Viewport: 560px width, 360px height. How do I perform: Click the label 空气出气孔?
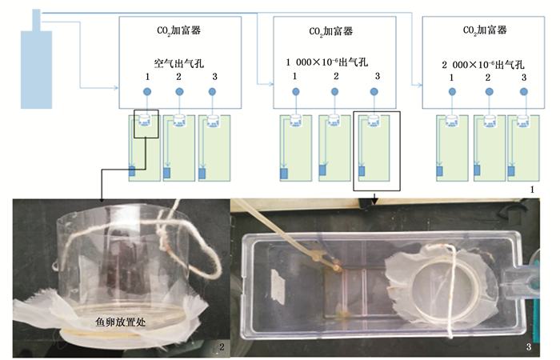[178, 62]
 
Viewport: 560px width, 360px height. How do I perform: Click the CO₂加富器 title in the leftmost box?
[178, 30]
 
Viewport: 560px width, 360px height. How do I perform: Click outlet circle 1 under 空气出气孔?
[146, 92]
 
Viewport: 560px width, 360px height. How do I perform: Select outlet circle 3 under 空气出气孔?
[212, 92]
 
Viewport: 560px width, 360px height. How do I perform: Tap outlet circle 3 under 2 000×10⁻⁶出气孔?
[523, 92]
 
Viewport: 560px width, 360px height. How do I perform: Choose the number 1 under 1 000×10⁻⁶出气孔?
[294, 78]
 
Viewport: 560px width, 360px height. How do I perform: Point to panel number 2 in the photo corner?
[221, 346]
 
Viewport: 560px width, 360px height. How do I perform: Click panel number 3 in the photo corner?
[529, 346]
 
